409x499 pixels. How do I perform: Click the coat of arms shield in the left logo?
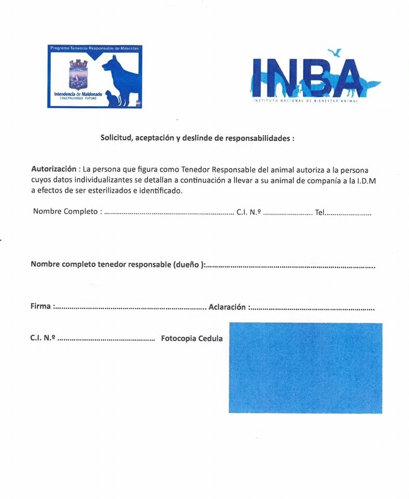click(x=78, y=76)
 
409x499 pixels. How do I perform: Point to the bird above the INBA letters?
click(x=335, y=52)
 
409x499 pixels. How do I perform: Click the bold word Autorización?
click(x=54, y=169)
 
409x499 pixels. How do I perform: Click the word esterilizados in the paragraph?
click(x=102, y=191)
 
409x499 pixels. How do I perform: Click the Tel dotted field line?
click(x=348, y=213)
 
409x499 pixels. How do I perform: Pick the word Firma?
click(x=41, y=307)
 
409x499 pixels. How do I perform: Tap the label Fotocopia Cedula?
click(x=192, y=338)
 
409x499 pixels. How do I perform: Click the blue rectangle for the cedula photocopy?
click(x=305, y=368)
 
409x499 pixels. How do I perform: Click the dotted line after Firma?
click(x=130, y=308)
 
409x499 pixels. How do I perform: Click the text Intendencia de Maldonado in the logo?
click(x=78, y=94)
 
